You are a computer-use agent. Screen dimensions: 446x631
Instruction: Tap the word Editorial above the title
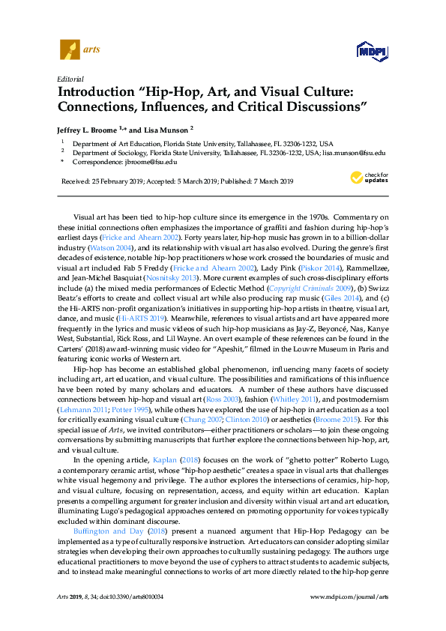pyautogui.click(x=70, y=79)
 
